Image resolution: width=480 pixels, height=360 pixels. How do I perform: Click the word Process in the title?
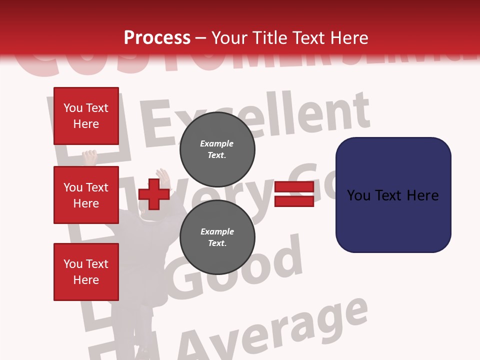[x=157, y=38]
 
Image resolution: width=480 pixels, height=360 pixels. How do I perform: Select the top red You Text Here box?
[x=86, y=116]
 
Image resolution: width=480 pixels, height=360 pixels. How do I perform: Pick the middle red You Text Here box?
[x=86, y=195]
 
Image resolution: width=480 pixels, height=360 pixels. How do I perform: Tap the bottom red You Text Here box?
[x=86, y=271]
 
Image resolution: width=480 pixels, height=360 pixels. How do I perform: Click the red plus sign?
[x=154, y=194]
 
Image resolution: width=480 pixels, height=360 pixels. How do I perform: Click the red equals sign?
[x=294, y=194]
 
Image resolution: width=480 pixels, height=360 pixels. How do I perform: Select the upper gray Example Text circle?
[x=217, y=149]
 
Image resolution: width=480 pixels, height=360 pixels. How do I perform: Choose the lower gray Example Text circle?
[x=217, y=237]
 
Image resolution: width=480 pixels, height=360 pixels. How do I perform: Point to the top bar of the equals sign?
[x=294, y=187]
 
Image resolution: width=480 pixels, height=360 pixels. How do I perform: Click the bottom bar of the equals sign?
[x=294, y=201]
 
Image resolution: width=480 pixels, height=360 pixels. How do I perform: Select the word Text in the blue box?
[x=392, y=195]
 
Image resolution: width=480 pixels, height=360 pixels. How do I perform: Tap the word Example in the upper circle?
[x=217, y=143]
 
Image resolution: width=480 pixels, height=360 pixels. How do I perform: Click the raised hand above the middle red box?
[x=90, y=156]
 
